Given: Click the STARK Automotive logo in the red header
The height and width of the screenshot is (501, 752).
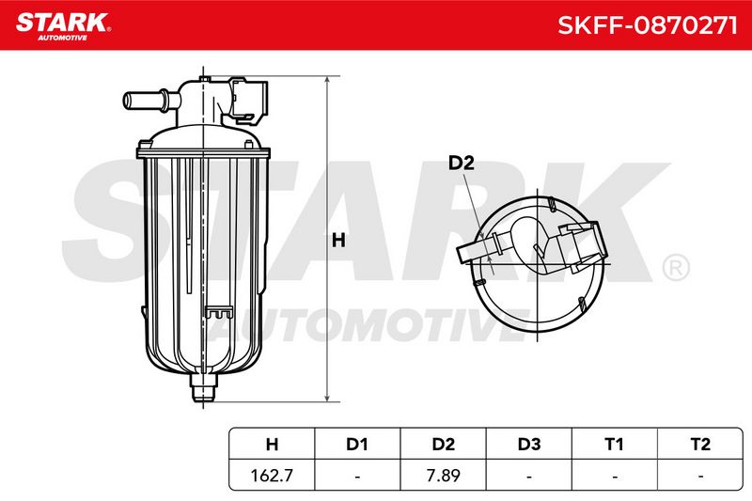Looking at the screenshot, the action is [x=63, y=27].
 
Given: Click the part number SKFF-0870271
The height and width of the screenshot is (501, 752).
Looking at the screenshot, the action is [x=648, y=25].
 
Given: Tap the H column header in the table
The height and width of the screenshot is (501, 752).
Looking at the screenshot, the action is [x=272, y=445].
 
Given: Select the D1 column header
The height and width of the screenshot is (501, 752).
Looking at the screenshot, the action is [x=357, y=445].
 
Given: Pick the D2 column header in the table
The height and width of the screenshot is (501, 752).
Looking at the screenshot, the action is [x=443, y=445].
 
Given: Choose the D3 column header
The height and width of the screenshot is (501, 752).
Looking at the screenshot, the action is [x=529, y=445].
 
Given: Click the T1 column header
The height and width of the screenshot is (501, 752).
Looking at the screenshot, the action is [x=615, y=445].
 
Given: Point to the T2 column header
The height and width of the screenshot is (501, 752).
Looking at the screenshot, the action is [x=700, y=445].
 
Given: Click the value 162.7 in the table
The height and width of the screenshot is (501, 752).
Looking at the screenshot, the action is [x=272, y=476].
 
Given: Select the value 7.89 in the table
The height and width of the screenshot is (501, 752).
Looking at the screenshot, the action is [x=443, y=476].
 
